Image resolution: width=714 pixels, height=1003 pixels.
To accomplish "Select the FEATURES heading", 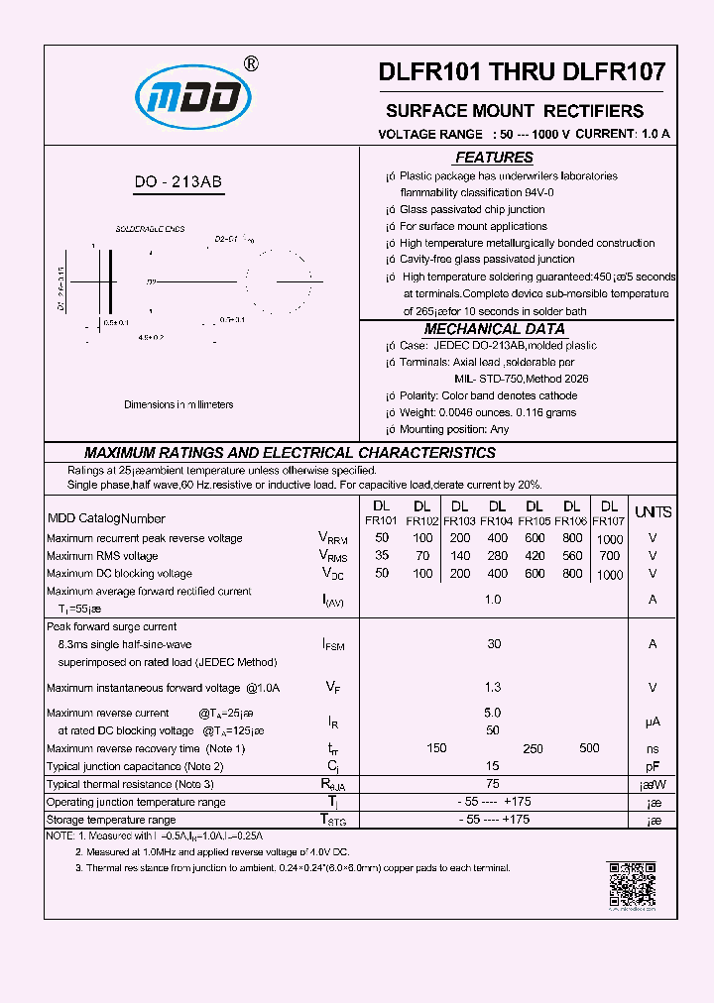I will click(x=494, y=158).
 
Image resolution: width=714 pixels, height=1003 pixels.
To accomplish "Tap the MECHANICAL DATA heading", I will click(x=494, y=329).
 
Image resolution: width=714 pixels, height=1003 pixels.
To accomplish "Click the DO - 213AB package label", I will click(x=178, y=181).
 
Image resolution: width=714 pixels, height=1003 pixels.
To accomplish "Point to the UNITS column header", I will click(x=653, y=512).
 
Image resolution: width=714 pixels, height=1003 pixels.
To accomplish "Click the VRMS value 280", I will click(x=497, y=556).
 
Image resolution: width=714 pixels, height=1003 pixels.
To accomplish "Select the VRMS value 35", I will click(x=382, y=556).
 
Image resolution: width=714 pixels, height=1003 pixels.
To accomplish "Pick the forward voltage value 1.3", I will click(x=493, y=687).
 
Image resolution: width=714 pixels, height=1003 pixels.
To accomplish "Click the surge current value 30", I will click(x=493, y=644).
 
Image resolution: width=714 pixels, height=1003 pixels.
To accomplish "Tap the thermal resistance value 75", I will click(x=493, y=784).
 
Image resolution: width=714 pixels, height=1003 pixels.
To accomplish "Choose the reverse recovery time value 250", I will click(x=533, y=749).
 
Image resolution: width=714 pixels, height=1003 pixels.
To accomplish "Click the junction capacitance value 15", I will click(x=493, y=766).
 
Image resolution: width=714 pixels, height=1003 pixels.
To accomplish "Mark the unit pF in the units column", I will click(x=653, y=766).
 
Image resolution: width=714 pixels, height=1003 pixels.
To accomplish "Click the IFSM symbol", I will click(x=333, y=645).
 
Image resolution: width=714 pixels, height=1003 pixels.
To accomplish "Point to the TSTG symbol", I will click(x=333, y=820).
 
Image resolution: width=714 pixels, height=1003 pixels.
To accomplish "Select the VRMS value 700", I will click(x=610, y=556).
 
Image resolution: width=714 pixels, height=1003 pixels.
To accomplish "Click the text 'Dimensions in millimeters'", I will click(x=178, y=404).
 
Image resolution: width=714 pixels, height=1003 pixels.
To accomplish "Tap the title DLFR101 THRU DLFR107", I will click(x=522, y=72).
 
